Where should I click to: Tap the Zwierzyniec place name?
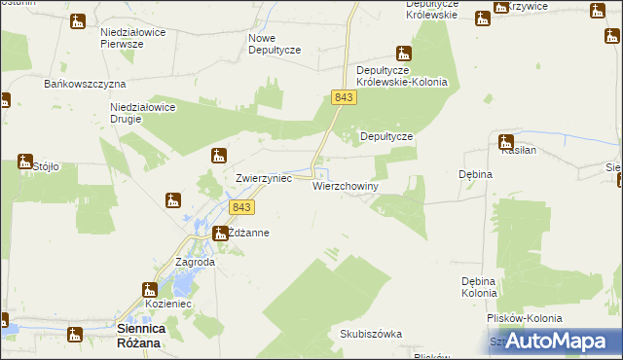[x=264, y=180]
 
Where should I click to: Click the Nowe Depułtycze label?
[x=275, y=43]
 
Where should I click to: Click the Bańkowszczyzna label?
[x=80, y=84]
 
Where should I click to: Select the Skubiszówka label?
[x=371, y=334]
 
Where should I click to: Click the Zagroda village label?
[x=195, y=263]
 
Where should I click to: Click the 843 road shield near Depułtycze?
[x=343, y=97]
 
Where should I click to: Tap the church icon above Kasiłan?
[x=506, y=141]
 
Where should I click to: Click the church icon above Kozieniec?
[x=150, y=289]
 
